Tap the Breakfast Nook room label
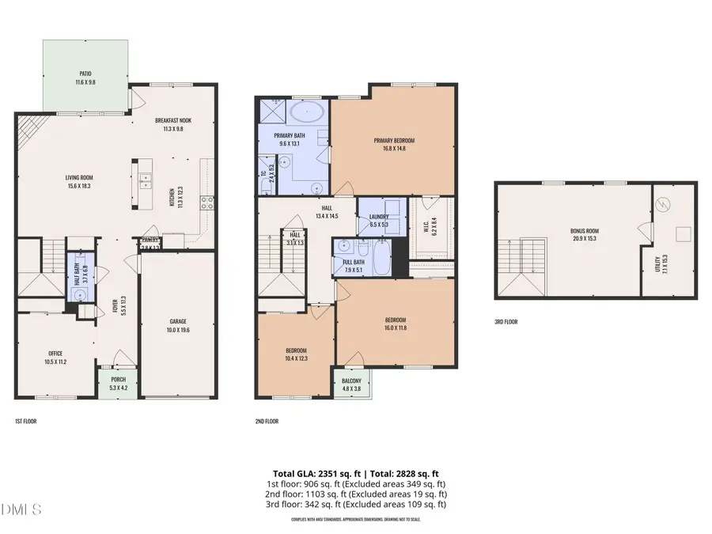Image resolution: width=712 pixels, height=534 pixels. coord(172,120)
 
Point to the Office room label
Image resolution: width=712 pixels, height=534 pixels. coord(55,354)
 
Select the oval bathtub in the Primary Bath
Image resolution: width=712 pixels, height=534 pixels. coord(306,112)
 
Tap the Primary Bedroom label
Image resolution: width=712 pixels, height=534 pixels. coord(394,141)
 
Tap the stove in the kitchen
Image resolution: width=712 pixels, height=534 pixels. coord(206,202)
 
